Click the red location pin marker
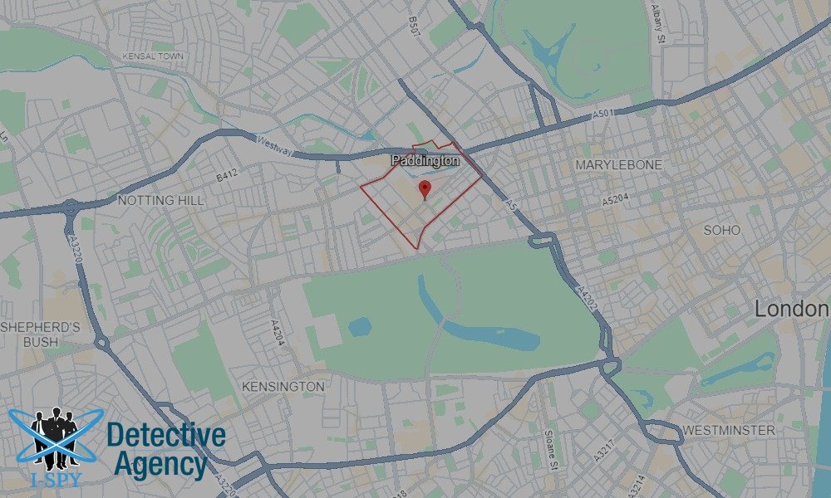tap(425, 188)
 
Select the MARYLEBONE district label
tap(619, 165)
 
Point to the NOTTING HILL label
tap(160, 201)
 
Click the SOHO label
tap(721, 230)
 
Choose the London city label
tap(791, 310)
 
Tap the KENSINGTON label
tap(283, 387)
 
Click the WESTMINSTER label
tap(728, 430)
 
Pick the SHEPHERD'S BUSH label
tap(40, 334)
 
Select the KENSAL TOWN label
tap(153, 56)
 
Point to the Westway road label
tap(275, 147)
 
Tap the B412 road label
tap(227, 176)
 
